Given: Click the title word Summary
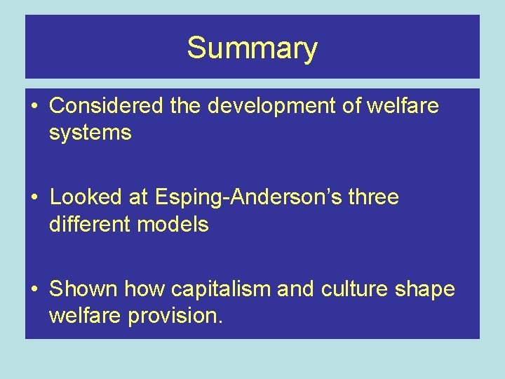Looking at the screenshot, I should [x=252, y=49].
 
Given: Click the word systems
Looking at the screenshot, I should [x=90, y=133].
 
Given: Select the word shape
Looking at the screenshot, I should [x=428, y=289].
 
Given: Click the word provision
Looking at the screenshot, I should [x=175, y=316].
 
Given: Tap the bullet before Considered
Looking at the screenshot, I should [x=34, y=107].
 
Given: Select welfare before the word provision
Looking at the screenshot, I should [x=86, y=316].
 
